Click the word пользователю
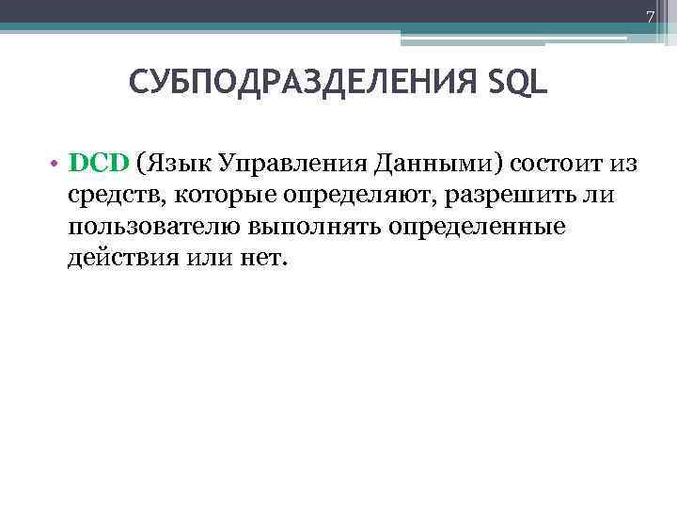click(x=155, y=228)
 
